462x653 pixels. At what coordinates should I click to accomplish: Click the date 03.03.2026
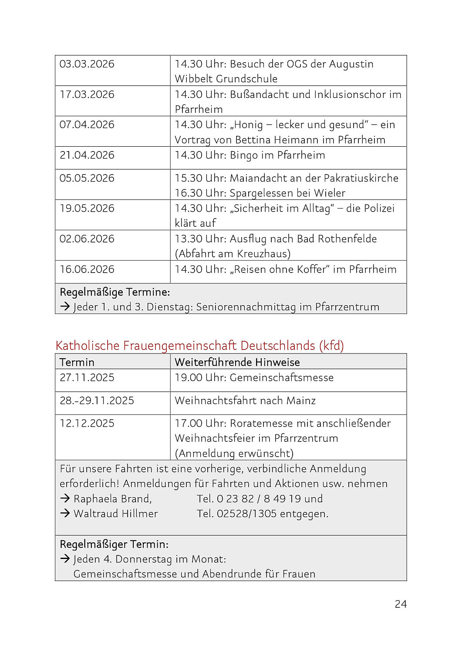[x=87, y=64]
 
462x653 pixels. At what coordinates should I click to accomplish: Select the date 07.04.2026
[x=87, y=125]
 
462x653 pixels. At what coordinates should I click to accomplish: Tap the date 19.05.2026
[x=87, y=208]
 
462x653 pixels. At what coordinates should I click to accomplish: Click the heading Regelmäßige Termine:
[x=115, y=292]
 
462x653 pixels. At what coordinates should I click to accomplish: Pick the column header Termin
[x=77, y=362]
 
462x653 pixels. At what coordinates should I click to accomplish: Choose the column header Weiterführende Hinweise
[x=237, y=362]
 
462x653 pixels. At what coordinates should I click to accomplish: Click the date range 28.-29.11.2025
[x=97, y=401]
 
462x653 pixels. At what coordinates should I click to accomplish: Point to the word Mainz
[x=301, y=401]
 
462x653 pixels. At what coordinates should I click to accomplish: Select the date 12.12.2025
[x=87, y=423]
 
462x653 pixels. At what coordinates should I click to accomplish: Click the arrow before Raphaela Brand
[x=65, y=498]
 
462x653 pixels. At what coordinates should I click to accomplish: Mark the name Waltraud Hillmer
[x=115, y=514]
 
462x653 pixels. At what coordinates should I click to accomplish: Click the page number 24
[x=401, y=604]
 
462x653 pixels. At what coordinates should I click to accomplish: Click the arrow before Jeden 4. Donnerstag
[x=65, y=559]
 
